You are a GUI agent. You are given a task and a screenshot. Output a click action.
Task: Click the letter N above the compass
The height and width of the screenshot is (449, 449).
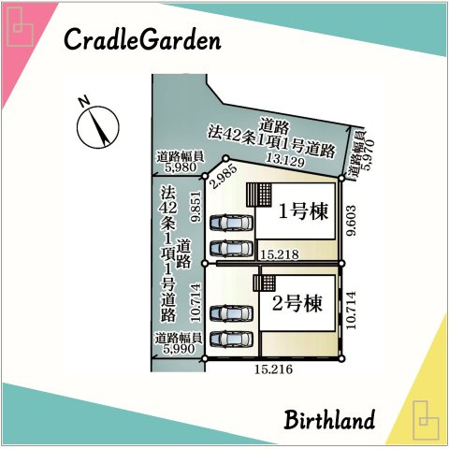point(83,100)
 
